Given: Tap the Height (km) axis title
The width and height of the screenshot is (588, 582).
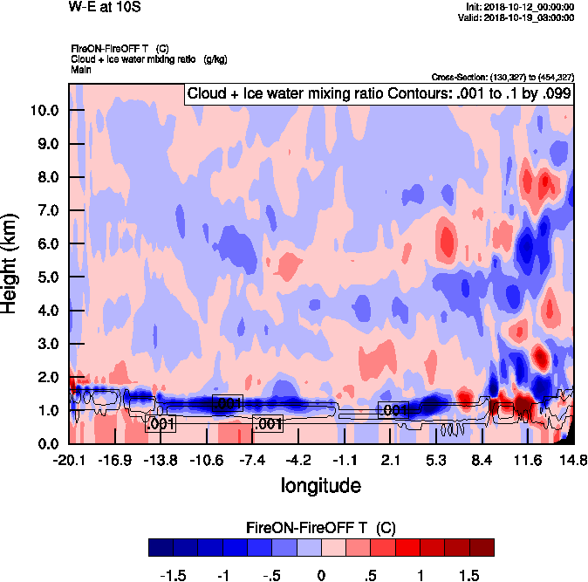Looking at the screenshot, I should coord(11,263).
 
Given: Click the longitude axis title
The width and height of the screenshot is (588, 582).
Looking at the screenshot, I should coord(320,483).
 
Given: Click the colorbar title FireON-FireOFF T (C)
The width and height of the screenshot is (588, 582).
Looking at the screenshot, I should coord(321,527).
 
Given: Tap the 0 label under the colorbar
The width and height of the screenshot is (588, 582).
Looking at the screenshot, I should coord(321,575).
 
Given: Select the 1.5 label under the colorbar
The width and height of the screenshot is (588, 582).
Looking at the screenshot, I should coord(469,575).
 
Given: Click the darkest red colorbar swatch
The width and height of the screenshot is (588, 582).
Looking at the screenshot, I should coord(482,547).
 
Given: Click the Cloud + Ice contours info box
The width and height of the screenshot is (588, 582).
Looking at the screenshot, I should coord(378,94).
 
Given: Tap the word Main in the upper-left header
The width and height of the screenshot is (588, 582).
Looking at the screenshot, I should coord(81,68).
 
